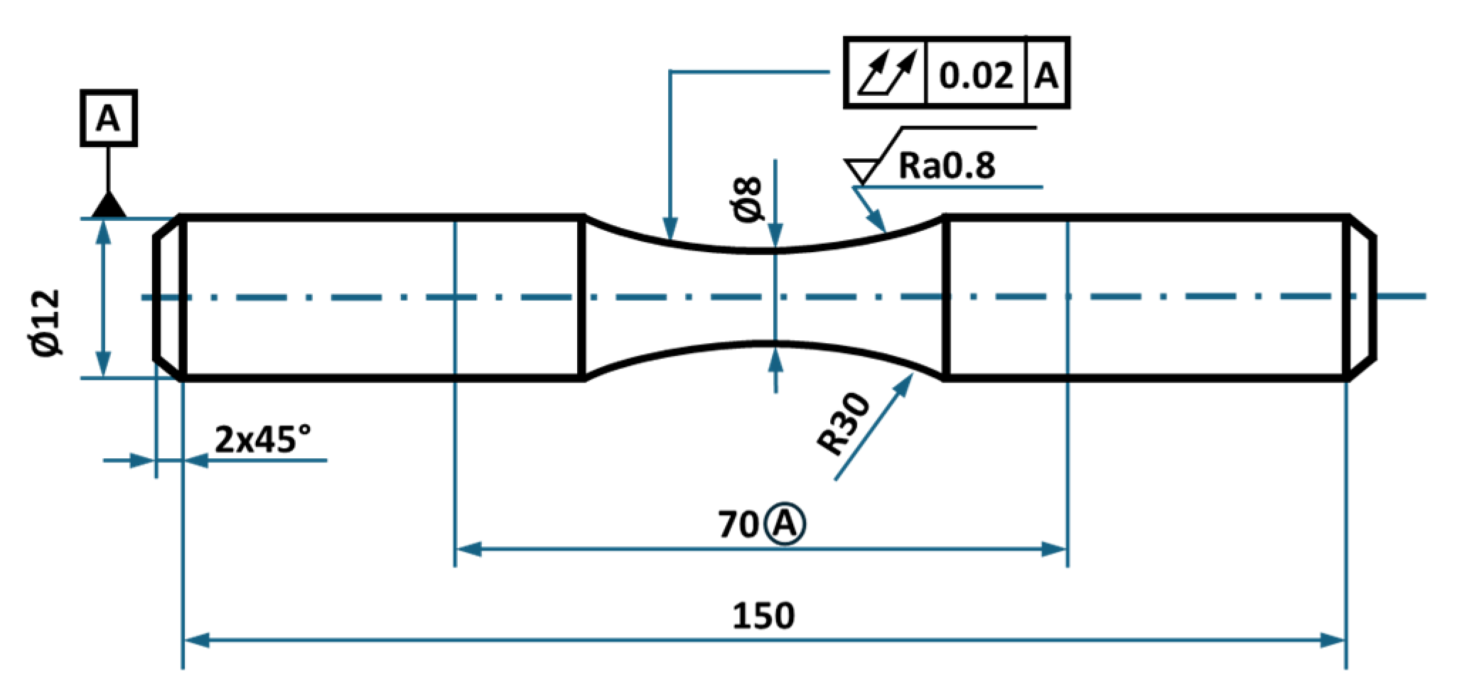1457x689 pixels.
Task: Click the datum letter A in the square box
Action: pyautogui.click(x=108, y=119)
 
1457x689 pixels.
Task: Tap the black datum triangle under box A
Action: pyautogui.click(x=109, y=206)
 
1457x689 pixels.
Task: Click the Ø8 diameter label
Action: pyautogui.click(x=747, y=200)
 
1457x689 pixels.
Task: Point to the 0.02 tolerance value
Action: pyautogui.click(x=976, y=75)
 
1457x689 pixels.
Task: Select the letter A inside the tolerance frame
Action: pyautogui.click(x=1046, y=75)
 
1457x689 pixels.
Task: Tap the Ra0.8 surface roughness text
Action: pyautogui.click(x=947, y=166)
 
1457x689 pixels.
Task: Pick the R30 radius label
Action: pyautogui.click(x=844, y=423)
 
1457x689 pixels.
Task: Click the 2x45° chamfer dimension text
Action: pyautogui.click(x=262, y=439)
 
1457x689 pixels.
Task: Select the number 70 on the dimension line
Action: pyautogui.click(x=738, y=525)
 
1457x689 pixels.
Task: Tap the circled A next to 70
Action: pyautogui.click(x=785, y=525)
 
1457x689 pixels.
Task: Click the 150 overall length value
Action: pyautogui.click(x=763, y=616)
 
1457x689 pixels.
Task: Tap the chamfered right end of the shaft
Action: pyautogui.click(x=1361, y=297)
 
